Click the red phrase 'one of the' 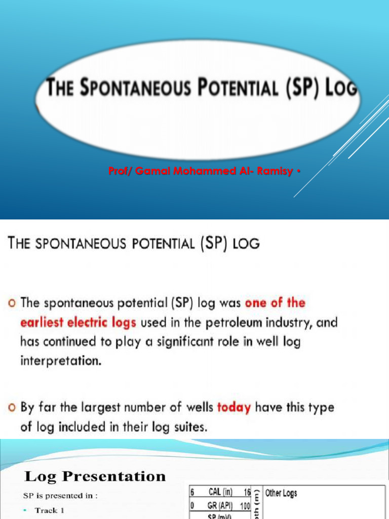tap(275, 303)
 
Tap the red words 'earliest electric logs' tap(79, 322)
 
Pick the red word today tap(234, 407)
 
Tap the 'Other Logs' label tap(281, 493)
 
